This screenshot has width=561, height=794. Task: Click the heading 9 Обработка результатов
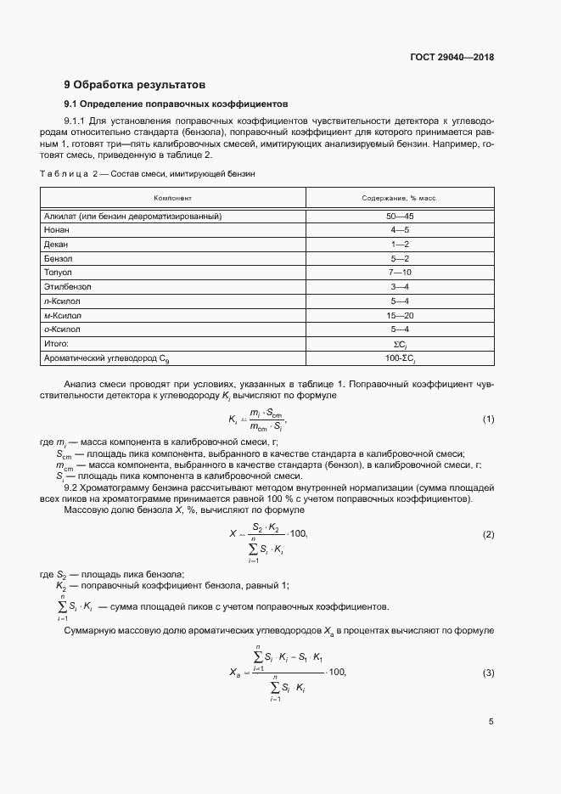pyautogui.click(x=135, y=85)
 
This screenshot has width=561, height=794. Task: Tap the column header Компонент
pyautogui.click(x=172, y=198)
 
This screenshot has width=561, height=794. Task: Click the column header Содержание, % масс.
pyautogui.click(x=400, y=198)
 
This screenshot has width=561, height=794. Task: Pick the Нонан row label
pyautogui.click(x=57, y=230)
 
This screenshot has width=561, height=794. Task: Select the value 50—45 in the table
pyautogui.click(x=400, y=216)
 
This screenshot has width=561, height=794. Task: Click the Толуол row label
pyautogui.click(x=59, y=273)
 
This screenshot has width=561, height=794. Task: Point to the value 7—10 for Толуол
pyautogui.click(x=400, y=273)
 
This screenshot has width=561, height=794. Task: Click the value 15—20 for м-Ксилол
pyautogui.click(x=400, y=315)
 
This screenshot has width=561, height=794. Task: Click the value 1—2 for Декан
pyautogui.click(x=400, y=245)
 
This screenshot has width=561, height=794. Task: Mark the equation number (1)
pyautogui.click(x=488, y=420)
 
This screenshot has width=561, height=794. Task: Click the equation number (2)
pyautogui.click(x=488, y=534)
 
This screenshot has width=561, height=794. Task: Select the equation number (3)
pyautogui.click(x=488, y=673)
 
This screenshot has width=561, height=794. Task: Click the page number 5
pyautogui.click(x=491, y=722)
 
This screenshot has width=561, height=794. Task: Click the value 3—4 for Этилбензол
pyautogui.click(x=400, y=287)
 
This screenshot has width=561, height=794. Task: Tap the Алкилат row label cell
pyautogui.click(x=132, y=216)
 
